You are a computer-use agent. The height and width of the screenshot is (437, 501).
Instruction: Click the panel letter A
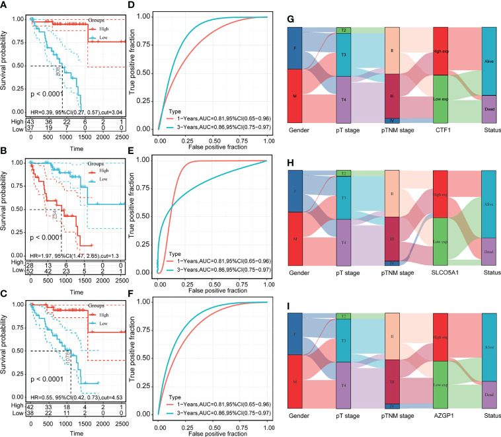point(5,6)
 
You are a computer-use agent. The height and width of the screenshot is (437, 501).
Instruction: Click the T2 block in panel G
point(343,30)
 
